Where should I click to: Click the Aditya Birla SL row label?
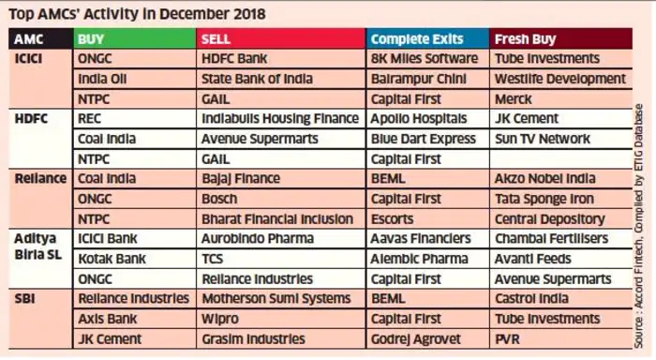tap(38, 247)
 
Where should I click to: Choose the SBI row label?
tap(24, 299)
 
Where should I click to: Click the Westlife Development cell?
tap(560, 79)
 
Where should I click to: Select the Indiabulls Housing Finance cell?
tap(280, 119)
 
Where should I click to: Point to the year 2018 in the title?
tap(249, 14)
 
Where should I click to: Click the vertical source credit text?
tap(638, 226)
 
